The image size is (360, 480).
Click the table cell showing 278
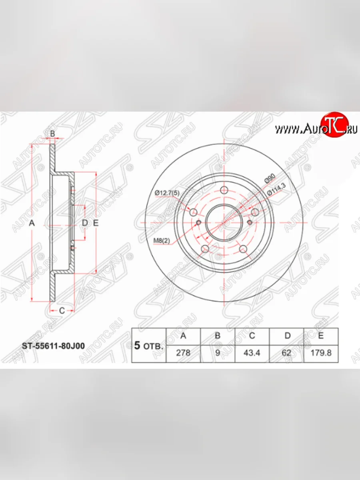[183, 353]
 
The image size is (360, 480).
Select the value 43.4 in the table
[252, 353]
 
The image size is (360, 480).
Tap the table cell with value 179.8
[321, 353]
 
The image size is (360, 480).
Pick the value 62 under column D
[286, 353]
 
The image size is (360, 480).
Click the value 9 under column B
[218, 353]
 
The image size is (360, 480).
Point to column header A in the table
[183, 336]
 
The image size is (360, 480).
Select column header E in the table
[321, 336]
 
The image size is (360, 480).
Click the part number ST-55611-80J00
[53, 346]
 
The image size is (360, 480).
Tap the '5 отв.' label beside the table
[148, 346]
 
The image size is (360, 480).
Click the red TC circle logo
[334, 125]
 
